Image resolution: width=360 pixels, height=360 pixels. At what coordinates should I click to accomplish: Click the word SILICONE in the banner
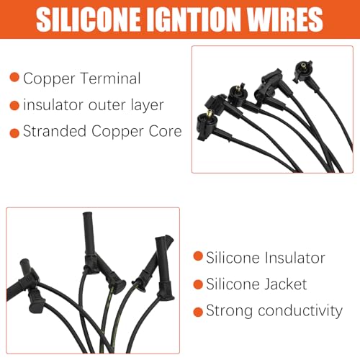[89, 19]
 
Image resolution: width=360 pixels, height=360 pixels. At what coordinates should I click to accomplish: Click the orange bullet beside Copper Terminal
[14, 77]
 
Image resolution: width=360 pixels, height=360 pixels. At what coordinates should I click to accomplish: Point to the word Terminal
[111, 78]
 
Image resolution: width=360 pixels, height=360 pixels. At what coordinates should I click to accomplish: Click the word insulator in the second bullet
[53, 105]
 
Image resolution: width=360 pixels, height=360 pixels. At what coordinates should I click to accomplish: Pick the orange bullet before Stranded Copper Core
[14, 133]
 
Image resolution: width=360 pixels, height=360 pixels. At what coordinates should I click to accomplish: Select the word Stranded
[55, 131]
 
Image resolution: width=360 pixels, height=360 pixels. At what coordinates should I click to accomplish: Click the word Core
[165, 131]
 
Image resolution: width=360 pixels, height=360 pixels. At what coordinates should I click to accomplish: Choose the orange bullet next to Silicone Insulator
[198, 256]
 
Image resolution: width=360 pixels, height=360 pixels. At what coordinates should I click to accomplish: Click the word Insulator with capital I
[295, 258]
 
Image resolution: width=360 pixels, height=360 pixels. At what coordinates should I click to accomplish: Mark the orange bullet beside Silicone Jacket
[198, 284]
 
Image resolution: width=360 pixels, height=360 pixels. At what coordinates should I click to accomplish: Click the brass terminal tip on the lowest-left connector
[210, 114]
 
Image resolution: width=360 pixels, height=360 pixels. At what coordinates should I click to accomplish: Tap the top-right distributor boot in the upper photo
[303, 71]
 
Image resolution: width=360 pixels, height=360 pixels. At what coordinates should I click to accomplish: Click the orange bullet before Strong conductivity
[198, 312]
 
